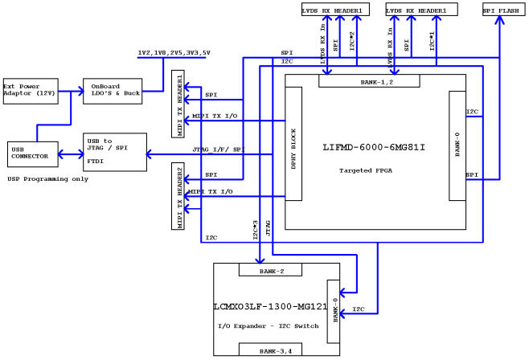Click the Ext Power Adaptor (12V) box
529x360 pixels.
(x=31, y=91)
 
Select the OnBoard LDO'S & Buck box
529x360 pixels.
(x=113, y=91)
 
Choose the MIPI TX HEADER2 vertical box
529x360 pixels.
(x=178, y=196)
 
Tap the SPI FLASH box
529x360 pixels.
(x=500, y=10)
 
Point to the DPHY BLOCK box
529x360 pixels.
(x=293, y=144)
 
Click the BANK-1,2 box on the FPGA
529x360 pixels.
(x=369, y=81)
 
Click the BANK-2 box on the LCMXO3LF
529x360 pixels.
(x=269, y=270)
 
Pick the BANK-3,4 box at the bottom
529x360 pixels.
(x=269, y=350)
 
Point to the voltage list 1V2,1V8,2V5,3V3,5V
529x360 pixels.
(x=174, y=52)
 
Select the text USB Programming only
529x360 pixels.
(x=47, y=178)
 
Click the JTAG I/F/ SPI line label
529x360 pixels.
(x=217, y=149)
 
